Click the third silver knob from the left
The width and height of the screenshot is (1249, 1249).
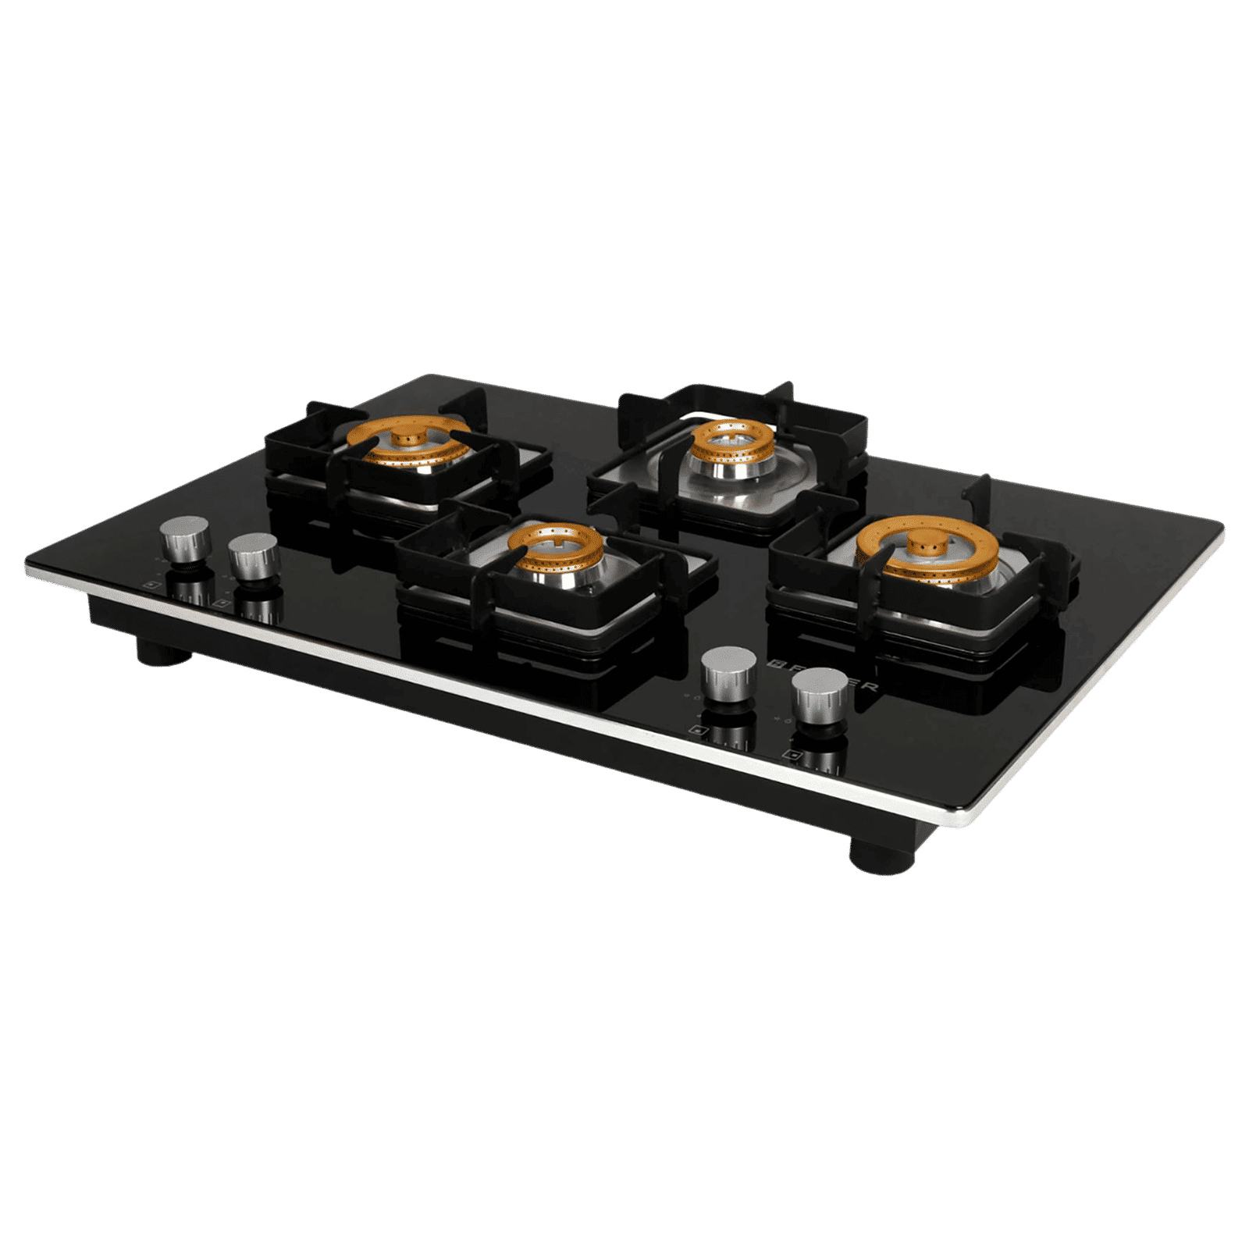pyautogui.click(x=729, y=670)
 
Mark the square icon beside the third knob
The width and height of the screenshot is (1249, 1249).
pyautogui.click(x=697, y=731)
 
